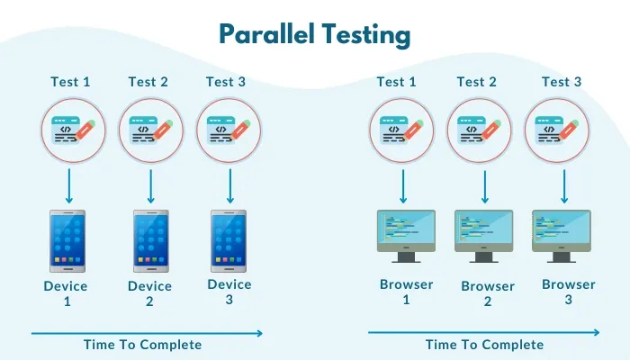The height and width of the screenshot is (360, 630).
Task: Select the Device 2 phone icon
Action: click(x=150, y=241)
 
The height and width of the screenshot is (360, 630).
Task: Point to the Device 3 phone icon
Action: click(x=229, y=241)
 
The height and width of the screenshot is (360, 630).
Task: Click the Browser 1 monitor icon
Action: click(x=405, y=236)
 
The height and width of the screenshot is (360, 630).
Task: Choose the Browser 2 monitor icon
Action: click(x=483, y=236)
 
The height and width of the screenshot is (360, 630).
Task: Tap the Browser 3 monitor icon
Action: click(x=562, y=236)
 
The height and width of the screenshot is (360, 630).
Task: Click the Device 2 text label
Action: click(x=150, y=294)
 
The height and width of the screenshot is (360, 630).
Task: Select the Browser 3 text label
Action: click(x=568, y=292)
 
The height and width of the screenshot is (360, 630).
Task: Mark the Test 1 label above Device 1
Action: click(x=71, y=82)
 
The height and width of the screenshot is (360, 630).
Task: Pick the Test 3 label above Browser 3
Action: click(x=562, y=82)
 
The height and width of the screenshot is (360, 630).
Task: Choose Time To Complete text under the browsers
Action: click(x=484, y=345)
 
